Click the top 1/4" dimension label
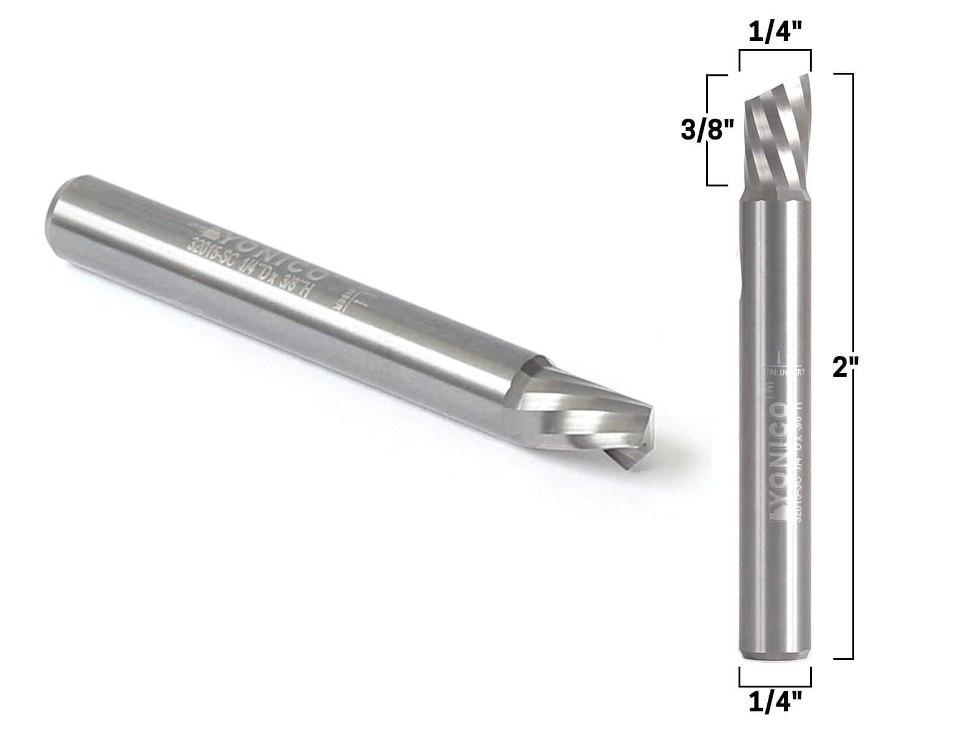[x=775, y=32]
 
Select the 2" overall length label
[x=847, y=369]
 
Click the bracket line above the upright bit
[x=775, y=53]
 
